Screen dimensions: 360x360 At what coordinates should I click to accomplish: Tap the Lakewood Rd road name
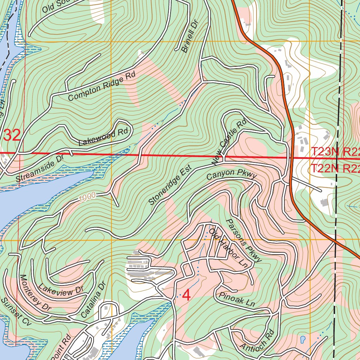click(x=104, y=137)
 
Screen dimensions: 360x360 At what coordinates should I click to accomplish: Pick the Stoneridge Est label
click(x=170, y=185)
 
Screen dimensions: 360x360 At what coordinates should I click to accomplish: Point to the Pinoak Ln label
click(x=236, y=299)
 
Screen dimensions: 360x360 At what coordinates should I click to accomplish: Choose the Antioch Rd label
click(x=257, y=341)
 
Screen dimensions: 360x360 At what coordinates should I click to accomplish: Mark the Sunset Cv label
click(x=17, y=311)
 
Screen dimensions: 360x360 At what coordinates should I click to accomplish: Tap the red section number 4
click(x=186, y=296)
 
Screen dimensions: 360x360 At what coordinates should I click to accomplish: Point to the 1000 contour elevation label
click(x=87, y=198)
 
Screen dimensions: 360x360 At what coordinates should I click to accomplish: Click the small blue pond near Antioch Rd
click(x=302, y=340)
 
